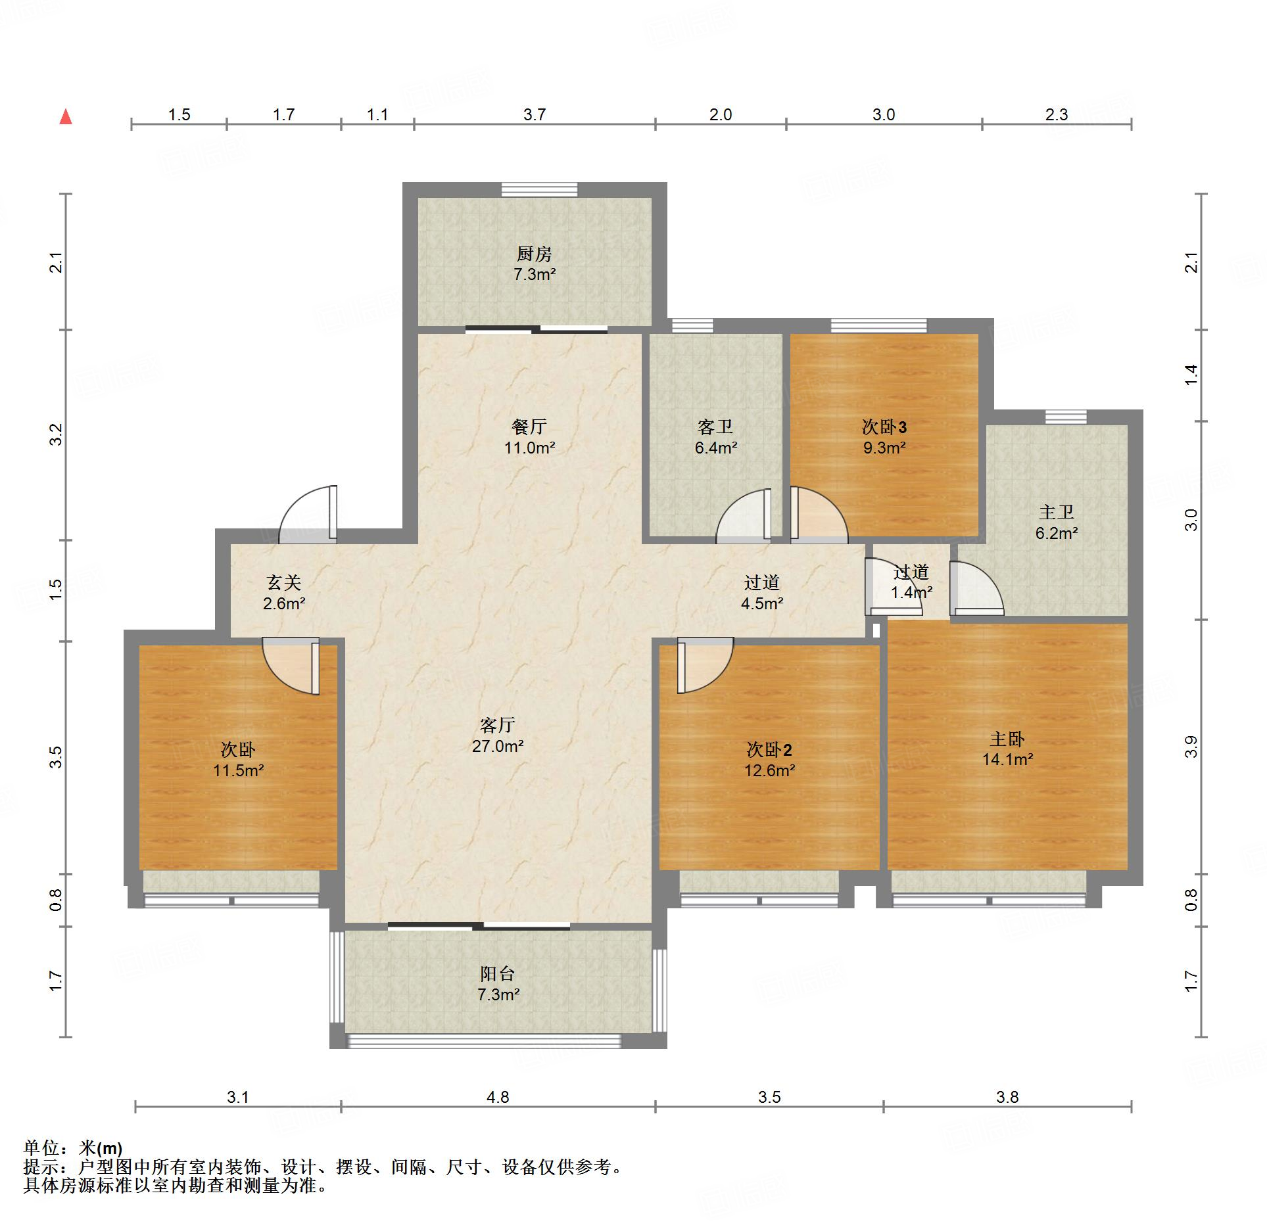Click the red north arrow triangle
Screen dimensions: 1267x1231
tap(66, 117)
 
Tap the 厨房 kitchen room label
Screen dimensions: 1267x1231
tap(534, 254)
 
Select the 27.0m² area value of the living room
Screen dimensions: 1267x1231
tap(498, 746)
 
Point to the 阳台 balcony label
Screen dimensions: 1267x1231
tap(498, 974)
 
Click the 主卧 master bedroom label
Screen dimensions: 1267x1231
tap(1007, 739)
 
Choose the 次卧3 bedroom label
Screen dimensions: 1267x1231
tap(884, 427)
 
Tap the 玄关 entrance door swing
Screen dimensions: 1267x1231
tap(308, 515)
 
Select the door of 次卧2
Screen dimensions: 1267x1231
tap(705, 665)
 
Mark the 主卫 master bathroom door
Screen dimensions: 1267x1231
tap(976, 588)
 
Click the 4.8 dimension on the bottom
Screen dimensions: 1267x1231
tap(498, 1097)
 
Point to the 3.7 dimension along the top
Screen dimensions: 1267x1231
tap(535, 114)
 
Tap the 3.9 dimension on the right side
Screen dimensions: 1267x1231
tap(1191, 747)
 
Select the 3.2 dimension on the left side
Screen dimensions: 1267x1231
tap(57, 434)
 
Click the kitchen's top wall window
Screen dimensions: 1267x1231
tap(539, 189)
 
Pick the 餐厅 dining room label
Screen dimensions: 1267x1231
tap(529, 427)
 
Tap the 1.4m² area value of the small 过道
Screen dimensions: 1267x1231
tap(912, 592)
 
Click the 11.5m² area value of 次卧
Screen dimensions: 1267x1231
tap(238, 770)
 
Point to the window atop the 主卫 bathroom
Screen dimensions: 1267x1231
tap(1066, 417)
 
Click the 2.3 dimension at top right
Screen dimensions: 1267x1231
tap(1057, 114)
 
